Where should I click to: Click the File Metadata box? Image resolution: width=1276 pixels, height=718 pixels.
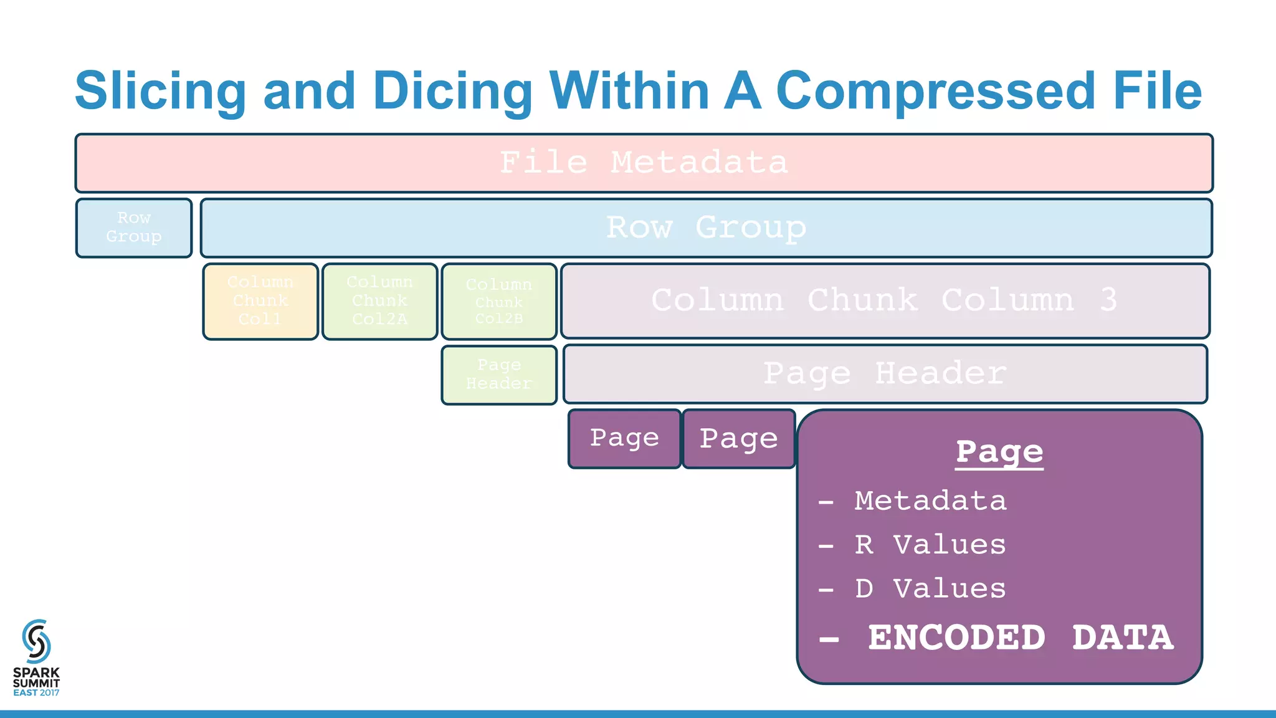644,163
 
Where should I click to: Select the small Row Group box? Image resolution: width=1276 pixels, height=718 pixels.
134,227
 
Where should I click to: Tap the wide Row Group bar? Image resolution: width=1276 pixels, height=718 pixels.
706,227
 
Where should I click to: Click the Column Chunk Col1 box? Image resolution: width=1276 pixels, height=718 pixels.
260,301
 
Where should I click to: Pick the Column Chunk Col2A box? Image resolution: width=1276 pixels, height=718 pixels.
379,301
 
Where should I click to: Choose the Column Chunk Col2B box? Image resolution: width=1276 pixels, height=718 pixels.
499,301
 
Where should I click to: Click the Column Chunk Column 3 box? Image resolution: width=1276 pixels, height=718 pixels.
885,300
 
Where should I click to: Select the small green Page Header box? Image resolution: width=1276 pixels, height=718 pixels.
499,375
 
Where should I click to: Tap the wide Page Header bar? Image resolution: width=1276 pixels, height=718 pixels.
885,374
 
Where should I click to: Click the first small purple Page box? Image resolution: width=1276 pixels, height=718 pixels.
624,438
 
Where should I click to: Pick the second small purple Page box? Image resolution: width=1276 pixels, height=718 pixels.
739,438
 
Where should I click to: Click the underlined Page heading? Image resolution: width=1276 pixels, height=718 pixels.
999,452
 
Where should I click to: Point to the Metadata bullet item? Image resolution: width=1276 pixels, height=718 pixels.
930,501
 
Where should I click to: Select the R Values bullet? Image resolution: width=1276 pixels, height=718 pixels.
930,545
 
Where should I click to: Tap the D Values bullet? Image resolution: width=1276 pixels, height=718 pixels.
930,588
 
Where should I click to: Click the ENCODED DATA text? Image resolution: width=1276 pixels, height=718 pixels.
1020,638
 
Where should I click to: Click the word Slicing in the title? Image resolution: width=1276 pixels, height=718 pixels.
161,91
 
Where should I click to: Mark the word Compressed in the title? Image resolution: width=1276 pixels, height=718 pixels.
935,91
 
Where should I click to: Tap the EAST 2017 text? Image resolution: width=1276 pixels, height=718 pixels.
36,692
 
